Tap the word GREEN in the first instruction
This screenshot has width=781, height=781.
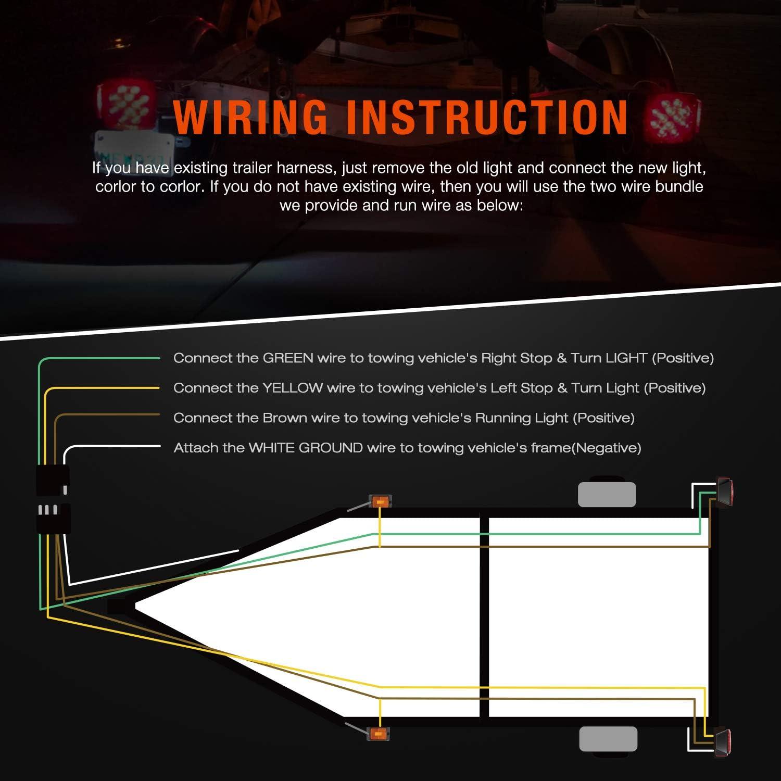pos(288,358)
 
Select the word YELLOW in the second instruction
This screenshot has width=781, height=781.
pos(293,388)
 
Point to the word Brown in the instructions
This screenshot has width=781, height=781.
pos(285,418)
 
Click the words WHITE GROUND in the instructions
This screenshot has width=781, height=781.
pos(306,448)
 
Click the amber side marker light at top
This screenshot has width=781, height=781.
pos(380,501)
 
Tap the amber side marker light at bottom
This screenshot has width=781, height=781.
pos(379,734)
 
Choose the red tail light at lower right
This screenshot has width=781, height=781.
pos(724,742)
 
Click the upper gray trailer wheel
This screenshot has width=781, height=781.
pos(607,494)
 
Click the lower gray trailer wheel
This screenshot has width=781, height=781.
pos(608,739)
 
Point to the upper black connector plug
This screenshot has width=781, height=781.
pos(52,480)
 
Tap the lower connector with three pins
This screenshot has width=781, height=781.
pos(52,518)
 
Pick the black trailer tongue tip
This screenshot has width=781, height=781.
pos(117,607)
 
